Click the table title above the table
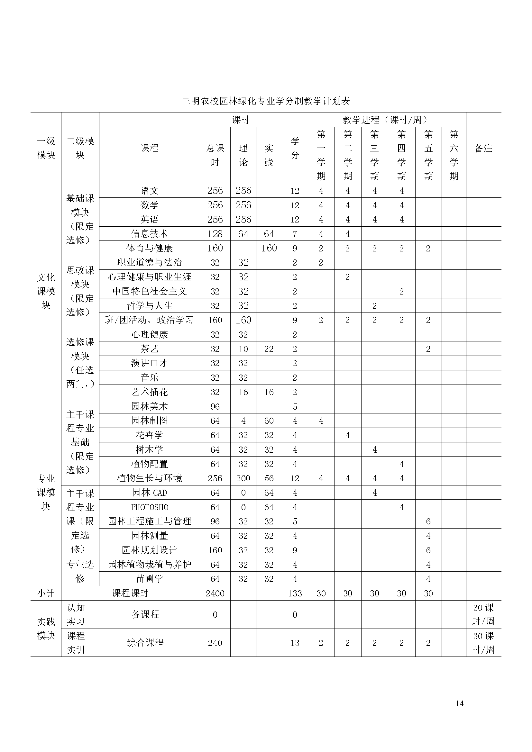266,101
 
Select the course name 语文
149,191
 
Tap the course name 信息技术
149,234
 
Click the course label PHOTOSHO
149,507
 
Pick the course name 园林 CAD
149,493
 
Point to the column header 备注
483,148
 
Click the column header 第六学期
454,155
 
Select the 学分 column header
295,148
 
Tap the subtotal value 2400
215,593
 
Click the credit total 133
295,593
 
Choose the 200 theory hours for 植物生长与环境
243,478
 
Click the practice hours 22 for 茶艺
269,349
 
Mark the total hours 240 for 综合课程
215,643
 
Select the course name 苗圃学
149,579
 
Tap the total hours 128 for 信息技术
215,234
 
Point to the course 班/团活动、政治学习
149,320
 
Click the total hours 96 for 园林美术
215,406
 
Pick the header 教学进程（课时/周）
387,120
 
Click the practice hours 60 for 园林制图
269,421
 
